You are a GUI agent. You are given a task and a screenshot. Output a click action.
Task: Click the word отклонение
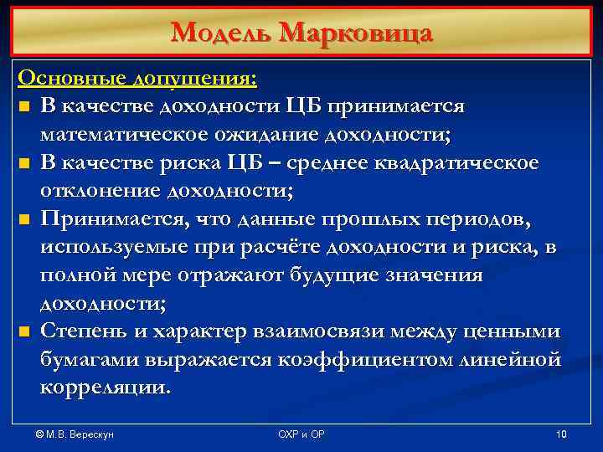click(x=100, y=190)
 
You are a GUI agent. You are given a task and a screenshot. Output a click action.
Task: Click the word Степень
click(x=84, y=332)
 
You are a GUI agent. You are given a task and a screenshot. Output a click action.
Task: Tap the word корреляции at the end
click(x=104, y=388)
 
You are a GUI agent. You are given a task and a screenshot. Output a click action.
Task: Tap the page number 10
click(x=561, y=434)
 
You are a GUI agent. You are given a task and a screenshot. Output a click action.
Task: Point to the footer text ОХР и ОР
click(x=301, y=434)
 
